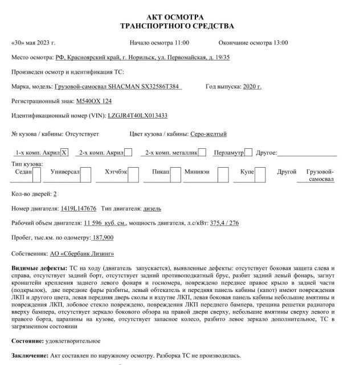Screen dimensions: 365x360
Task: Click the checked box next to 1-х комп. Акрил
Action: point(64,152)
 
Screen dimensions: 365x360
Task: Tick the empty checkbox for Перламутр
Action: point(248,152)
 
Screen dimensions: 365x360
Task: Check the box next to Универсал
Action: point(85,175)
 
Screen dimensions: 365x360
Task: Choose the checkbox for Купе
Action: point(261,175)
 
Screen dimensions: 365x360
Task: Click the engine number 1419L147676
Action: point(78,208)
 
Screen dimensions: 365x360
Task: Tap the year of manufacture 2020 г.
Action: point(252,86)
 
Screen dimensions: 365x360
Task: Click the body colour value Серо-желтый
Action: point(208,134)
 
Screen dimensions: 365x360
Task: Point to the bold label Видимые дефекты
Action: point(38,268)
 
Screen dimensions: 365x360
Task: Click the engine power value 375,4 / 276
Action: point(224,223)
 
